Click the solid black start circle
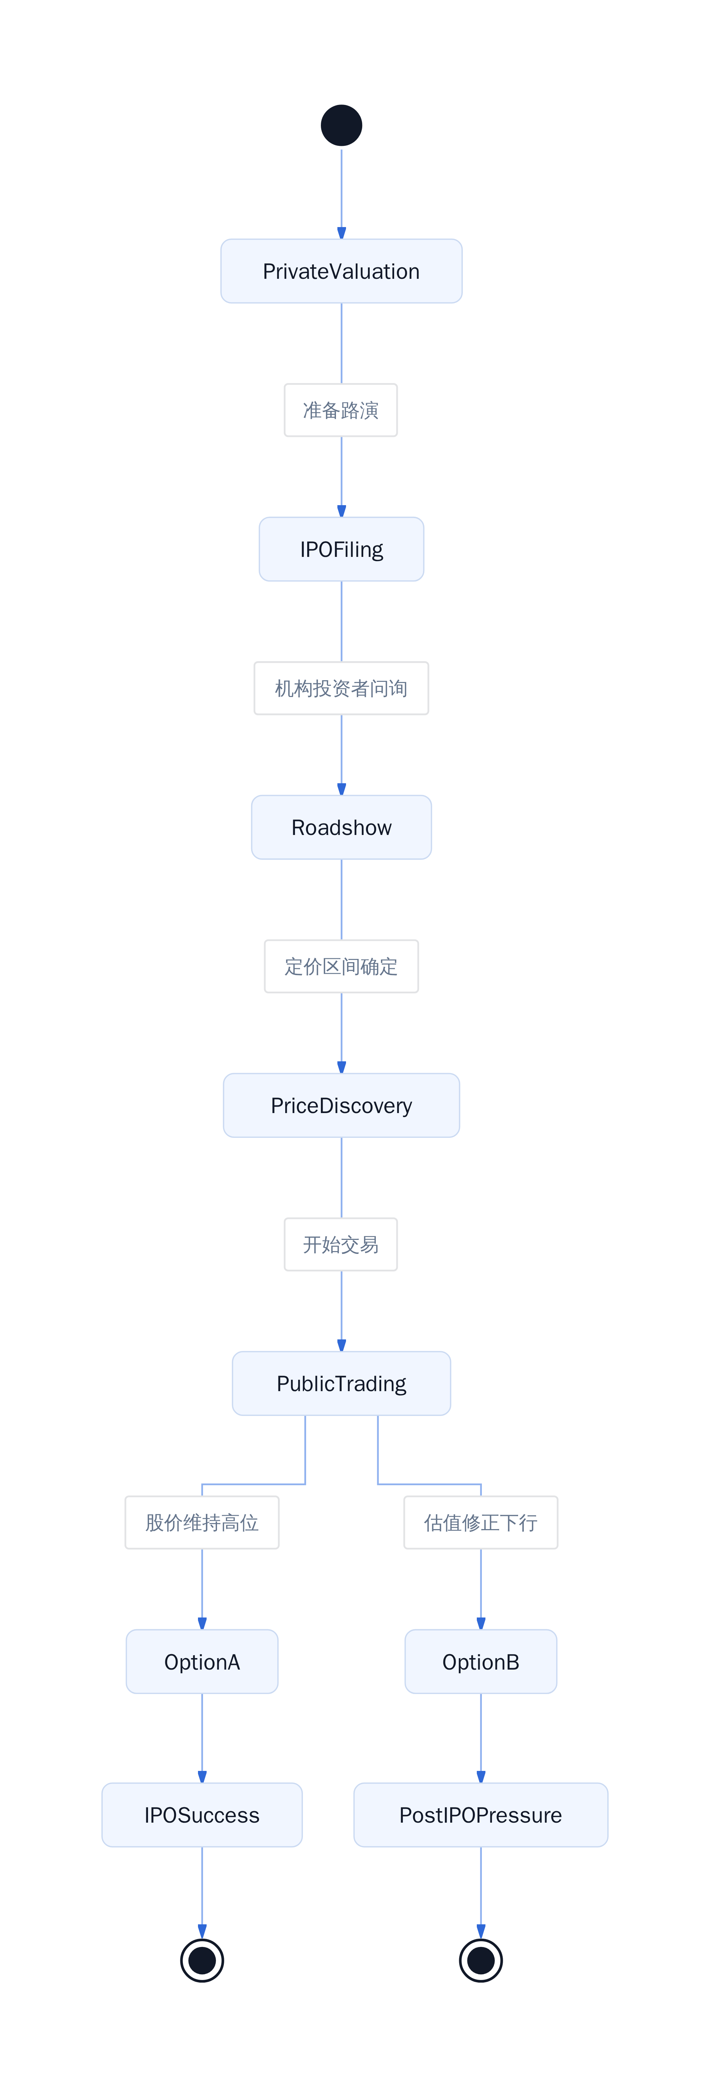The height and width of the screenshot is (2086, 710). tap(341, 125)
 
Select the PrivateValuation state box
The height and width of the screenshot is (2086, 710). tap(341, 271)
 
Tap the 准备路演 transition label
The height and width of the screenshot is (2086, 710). tap(341, 411)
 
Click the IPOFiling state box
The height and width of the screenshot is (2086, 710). tap(341, 549)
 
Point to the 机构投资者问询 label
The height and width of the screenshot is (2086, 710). tap(341, 688)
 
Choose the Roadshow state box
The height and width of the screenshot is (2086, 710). tap(341, 827)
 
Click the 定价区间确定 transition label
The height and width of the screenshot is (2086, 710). tap(341, 966)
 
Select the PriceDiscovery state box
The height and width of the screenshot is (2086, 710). tap(341, 1106)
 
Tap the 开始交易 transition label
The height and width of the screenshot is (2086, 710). tap(341, 1245)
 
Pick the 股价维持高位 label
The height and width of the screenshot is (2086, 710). tap(202, 1522)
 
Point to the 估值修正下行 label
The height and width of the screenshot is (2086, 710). tap(481, 1522)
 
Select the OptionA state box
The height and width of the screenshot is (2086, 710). tap(202, 1662)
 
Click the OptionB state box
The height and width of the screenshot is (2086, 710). tap(481, 1662)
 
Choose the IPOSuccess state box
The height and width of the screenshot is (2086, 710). tap(202, 1815)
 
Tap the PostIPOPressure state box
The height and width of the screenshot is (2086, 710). tap(481, 1815)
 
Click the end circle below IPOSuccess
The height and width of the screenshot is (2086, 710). tap(202, 1961)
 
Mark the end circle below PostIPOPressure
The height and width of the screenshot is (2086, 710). tap(481, 1961)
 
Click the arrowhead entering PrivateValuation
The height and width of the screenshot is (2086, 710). tap(341, 233)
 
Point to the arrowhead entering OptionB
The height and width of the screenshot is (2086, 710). tap(481, 1624)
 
